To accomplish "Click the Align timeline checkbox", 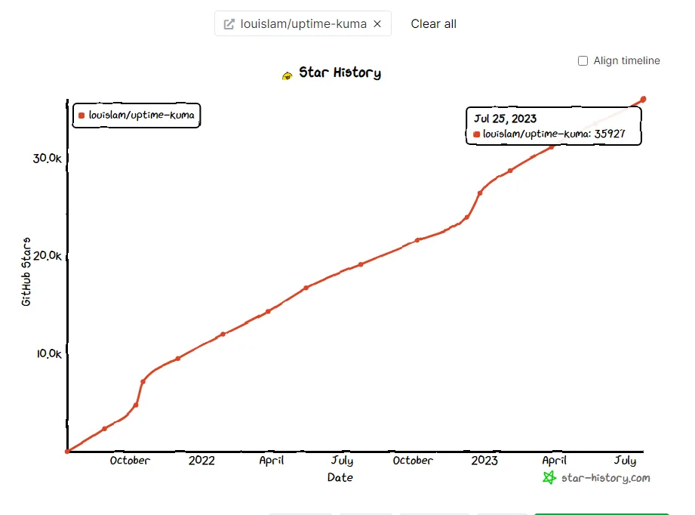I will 583,61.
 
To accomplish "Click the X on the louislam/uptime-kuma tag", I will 377,24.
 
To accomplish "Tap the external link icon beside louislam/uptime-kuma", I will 229,24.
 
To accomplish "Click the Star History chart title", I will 340,73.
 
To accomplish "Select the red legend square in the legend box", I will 81,116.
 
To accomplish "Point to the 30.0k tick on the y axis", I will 51,158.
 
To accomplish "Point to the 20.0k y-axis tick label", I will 51,255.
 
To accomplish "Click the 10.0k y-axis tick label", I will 51,353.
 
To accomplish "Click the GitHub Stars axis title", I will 26,272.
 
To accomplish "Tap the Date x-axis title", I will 340,477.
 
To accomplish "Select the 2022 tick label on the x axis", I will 201,461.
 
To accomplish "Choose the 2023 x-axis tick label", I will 484,461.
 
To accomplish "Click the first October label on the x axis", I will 130,461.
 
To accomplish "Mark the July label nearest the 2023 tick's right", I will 625,461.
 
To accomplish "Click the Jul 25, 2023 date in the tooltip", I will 505,119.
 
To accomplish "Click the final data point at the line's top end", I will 643,99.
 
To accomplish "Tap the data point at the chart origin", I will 68,451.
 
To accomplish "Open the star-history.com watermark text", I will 605,478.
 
